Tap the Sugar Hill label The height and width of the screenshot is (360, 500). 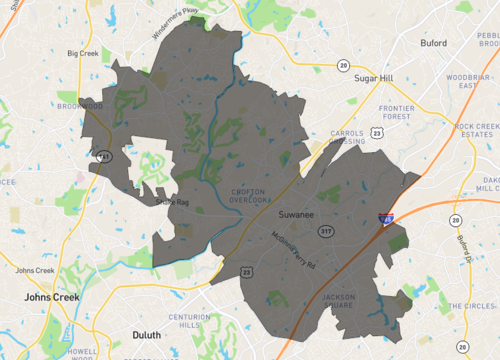[x=375, y=75]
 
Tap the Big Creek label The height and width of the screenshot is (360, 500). [x=83, y=53]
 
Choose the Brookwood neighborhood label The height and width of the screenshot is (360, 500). [x=80, y=105]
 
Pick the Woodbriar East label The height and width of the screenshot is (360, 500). [x=469, y=82]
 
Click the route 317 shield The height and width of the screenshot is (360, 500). [x=325, y=231]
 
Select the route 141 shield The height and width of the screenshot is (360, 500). [x=103, y=156]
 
